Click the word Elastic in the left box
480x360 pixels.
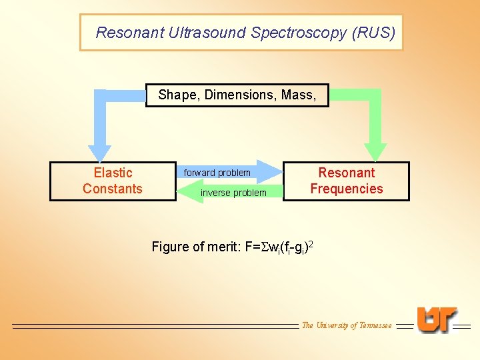[x=113, y=173]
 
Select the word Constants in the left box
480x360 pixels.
[x=113, y=189]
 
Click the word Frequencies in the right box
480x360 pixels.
[x=347, y=189]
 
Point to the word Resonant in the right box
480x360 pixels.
[x=347, y=173]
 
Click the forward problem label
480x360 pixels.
[x=217, y=173]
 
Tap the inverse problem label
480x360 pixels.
[x=233, y=193]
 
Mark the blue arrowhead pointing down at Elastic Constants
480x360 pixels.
[x=100, y=152]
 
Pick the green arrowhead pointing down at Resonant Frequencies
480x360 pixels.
[x=375, y=152]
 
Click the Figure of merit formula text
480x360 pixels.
[x=232, y=247]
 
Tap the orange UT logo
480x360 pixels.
[x=437, y=320]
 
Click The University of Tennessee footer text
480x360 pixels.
[x=347, y=325]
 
